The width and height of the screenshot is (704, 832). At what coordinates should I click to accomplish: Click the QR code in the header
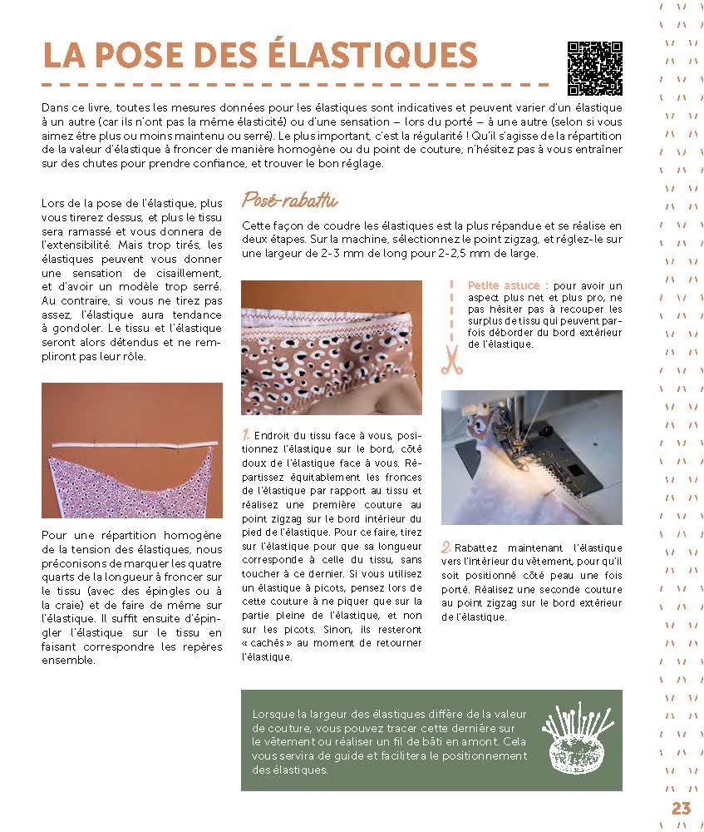coord(594,67)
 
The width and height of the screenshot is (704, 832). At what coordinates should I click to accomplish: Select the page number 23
coord(681,809)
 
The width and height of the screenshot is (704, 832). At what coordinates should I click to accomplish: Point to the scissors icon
coord(450,359)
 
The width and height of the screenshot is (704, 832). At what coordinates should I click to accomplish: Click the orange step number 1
coord(245,435)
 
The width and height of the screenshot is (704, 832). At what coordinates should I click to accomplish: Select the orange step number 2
coord(446,547)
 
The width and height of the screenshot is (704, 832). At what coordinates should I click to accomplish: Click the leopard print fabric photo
coord(331,349)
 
